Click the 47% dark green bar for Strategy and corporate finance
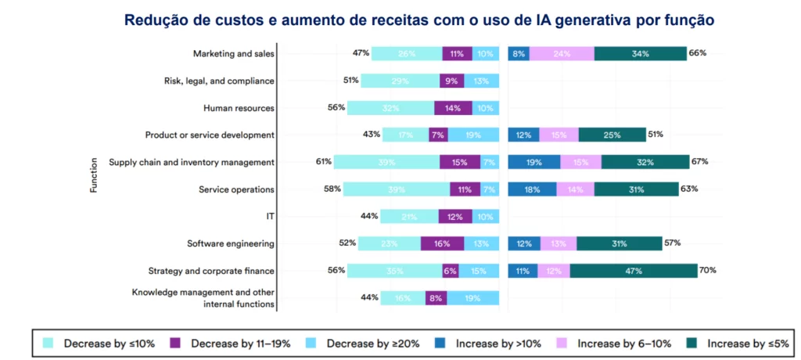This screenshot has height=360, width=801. coord(634,271)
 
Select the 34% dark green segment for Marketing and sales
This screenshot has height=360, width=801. coord(640,54)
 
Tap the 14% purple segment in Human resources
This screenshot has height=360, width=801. coord(453,108)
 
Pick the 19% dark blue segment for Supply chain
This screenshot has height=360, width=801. coord(534,162)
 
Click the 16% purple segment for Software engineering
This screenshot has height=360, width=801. coord(442,243)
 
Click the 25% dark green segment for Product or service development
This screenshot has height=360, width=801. coord(612,135)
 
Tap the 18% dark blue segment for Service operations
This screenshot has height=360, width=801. coord(532,189)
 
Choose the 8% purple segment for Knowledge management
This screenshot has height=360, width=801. coord(436,297)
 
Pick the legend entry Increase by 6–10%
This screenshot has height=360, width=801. coord(612,343)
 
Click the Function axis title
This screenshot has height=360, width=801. coord(94,175)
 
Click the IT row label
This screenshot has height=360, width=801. coord(270,216)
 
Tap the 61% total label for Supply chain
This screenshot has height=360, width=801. coord(323,162)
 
